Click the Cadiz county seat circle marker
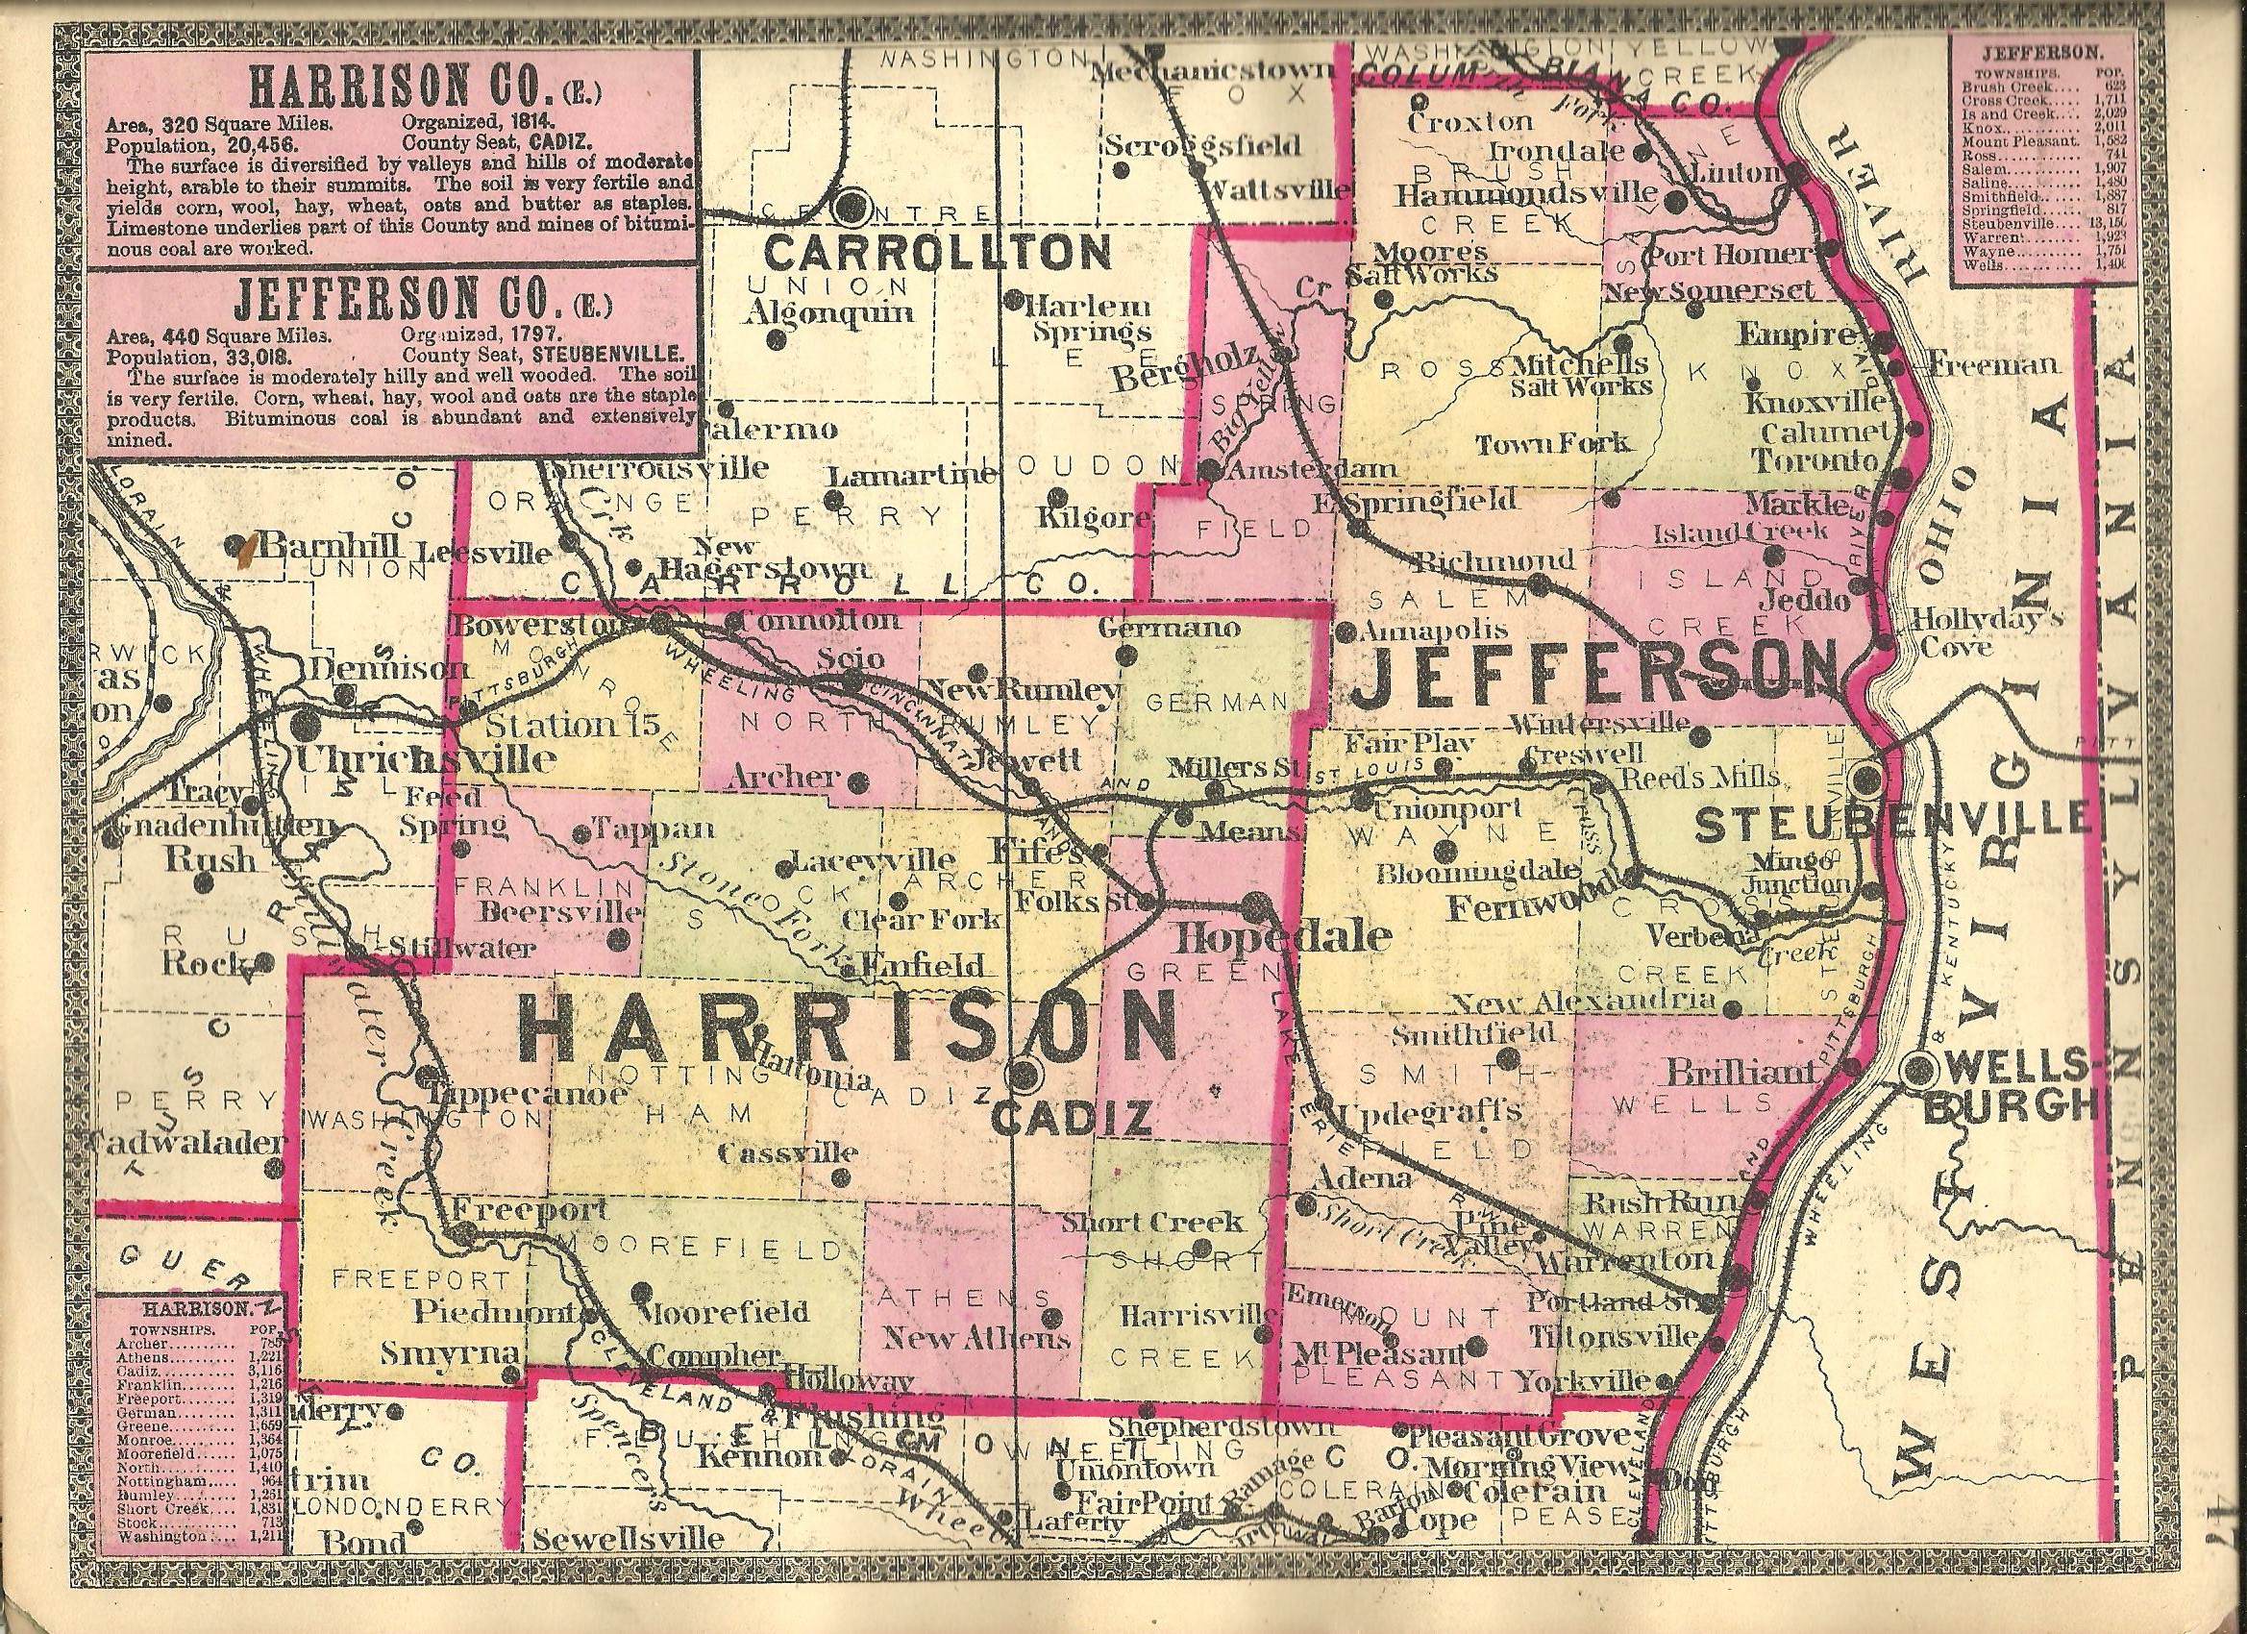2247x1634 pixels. click(x=1025, y=1073)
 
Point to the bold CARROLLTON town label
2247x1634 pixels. click(x=938, y=254)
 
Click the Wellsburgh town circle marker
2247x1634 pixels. click(x=1917, y=1067)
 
